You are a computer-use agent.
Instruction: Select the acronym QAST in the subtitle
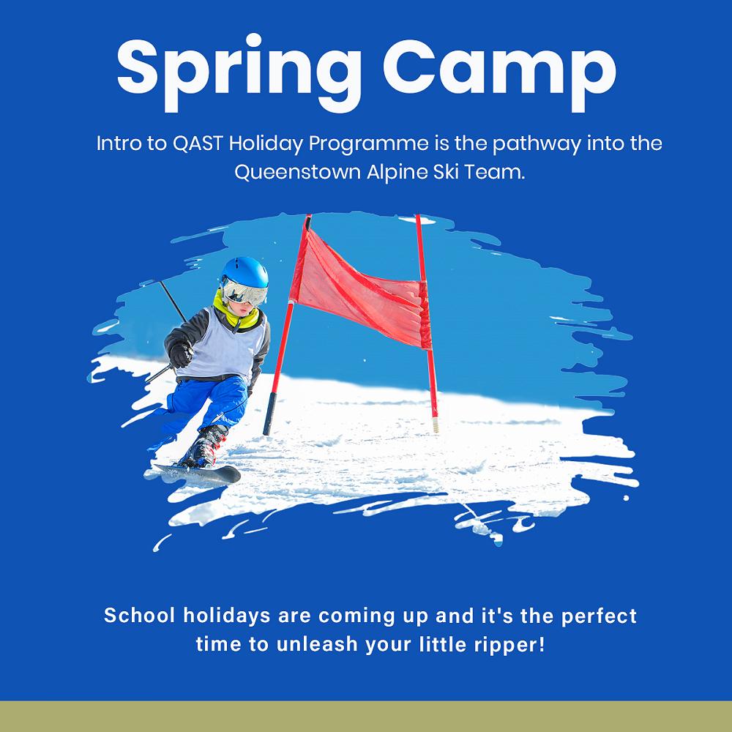tap(198, 143)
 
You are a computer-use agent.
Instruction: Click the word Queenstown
tap(298, 173)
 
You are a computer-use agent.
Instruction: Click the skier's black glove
tap(181, 354)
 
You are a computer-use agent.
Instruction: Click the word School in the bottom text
tap(140, 615)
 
